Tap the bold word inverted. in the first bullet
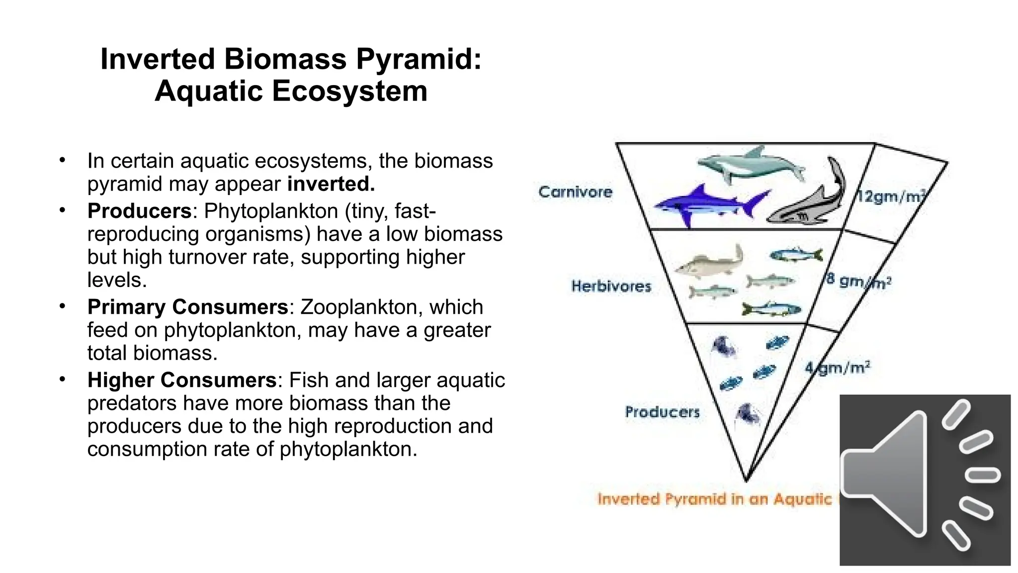pyautogui.click(x=331, y=184)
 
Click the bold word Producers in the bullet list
pyautogui.click(x=139, y=211)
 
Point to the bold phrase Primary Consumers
pyautogui.click(x=187, y=307)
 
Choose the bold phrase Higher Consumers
pyautogui.click(x=181, y=380)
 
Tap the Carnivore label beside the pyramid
pyautogui.click(x=575, y=192)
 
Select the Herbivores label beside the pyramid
pyautogui.click(x=611, y=286)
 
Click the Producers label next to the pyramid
pyautogui.click(x=662, y=412)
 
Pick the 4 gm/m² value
pyautogui.click(x=838, y=368)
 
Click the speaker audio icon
pyautogui.click(x=925, y=480)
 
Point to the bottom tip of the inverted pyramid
pyautogui.click(x=746, y=480)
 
